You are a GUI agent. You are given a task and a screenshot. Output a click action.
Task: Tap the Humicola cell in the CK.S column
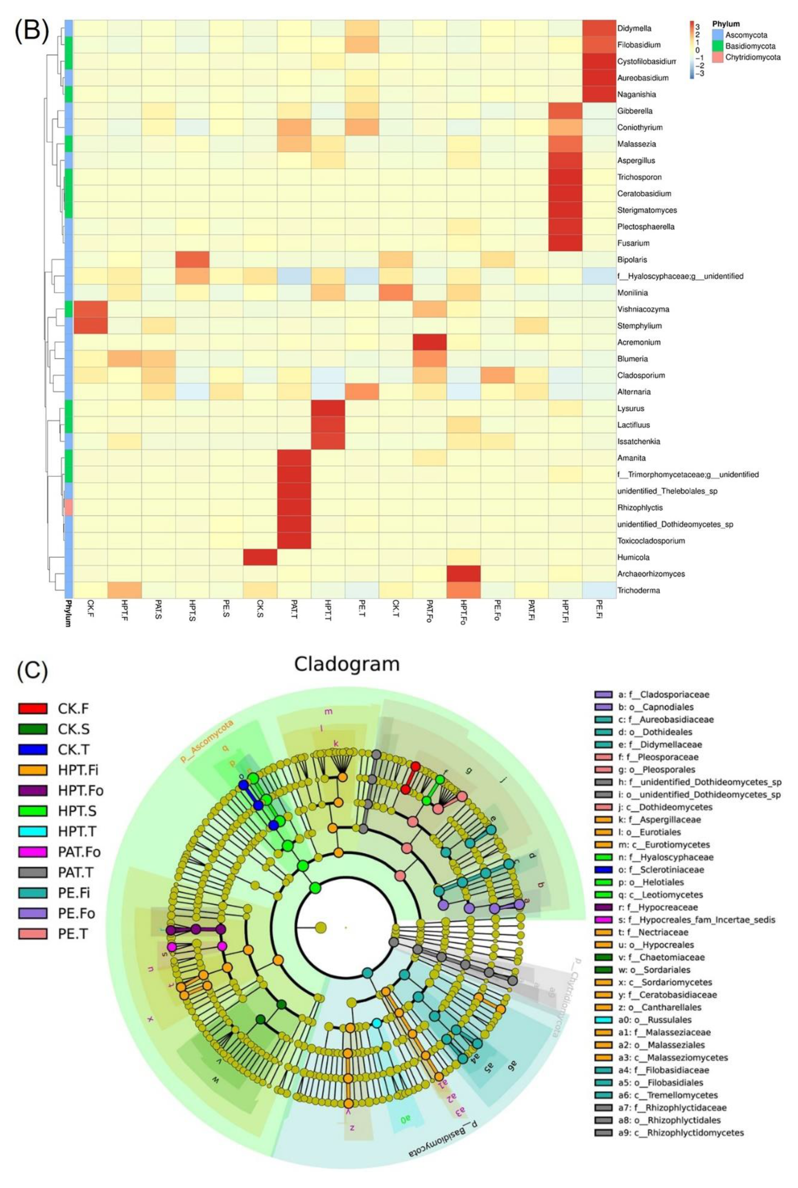click(x=260, y=557)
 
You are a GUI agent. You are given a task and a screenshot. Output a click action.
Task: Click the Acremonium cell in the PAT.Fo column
click(x=430, y=342)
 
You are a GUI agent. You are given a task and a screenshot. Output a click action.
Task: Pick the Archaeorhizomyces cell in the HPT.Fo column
click(x=463, y=574)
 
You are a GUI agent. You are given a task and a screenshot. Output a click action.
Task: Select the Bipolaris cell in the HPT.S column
click(x=192, y=259)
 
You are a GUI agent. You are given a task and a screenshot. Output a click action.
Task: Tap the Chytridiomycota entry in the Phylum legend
click(x=752, y=57)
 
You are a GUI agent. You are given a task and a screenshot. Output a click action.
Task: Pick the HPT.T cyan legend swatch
click(x=33, y=832)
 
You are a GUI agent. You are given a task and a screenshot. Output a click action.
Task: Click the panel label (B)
click(x=31, y=30)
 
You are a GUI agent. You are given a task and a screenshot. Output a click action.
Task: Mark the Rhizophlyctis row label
click(x=640, y=508)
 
